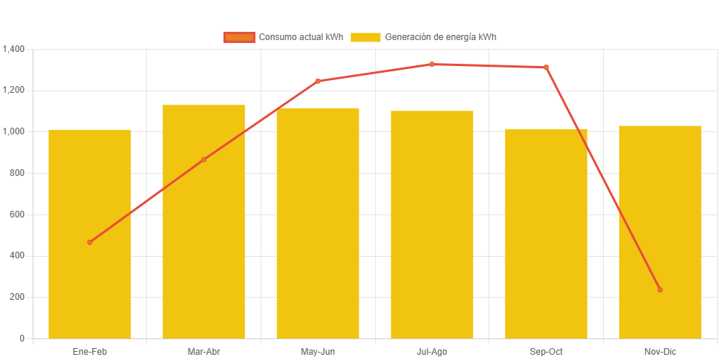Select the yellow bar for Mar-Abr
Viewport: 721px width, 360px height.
pos(203,245)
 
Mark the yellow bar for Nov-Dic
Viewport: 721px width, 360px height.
pos(659,223)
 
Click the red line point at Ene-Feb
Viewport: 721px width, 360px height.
pos(90,242)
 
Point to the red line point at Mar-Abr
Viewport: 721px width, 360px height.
pos(203,160)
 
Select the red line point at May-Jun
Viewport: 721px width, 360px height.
pos(318,81)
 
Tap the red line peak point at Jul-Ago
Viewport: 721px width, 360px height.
pos(431,64)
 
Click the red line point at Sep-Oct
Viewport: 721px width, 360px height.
pos(546,68)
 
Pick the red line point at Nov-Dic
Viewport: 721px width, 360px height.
pos(659,289)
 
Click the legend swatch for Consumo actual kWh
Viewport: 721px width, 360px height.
pos(239,37)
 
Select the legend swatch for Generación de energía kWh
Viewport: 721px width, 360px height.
pos(365,37)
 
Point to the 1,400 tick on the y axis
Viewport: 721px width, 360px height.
pos(14,49)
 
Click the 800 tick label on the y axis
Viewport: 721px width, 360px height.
pos(17,173)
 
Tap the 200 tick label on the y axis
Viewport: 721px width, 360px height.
pos(17,297)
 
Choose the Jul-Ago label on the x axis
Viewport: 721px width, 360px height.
pos(431,351)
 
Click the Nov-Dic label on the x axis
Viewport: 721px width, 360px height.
pos(659,351)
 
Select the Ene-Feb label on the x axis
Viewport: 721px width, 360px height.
pos(90,351)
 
